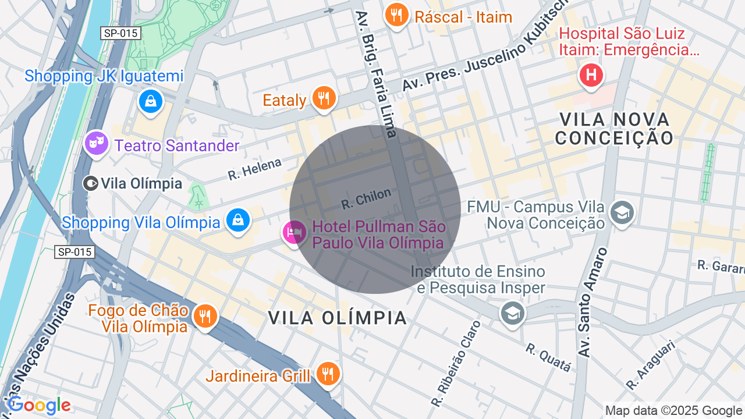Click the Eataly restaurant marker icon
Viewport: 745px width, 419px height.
click(x=323, y=98)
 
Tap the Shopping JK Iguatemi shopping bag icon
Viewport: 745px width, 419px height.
click(x=151, y=102)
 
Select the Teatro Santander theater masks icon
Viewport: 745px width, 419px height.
click(x=96, y=143)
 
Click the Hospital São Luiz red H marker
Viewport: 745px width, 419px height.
click(x=591, y=75)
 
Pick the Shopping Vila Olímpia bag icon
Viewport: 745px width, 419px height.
click(x=238, y=221)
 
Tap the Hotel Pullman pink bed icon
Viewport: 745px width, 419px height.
click(x=294, y=233)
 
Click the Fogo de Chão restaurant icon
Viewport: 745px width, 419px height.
click(x=205, y=316)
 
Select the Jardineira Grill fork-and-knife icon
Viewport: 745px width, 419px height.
click(x=328, y=374)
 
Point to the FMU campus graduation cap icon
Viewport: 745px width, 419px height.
click(x=622, y=213)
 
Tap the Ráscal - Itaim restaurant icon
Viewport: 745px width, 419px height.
click(x=397, y=15)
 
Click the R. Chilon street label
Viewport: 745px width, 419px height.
click(x=366, y=198)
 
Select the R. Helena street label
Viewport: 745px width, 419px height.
click(x=254, y=169)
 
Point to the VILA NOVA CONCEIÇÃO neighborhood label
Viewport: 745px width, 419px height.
click(x=614, y=129)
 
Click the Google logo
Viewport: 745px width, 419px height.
click(x=39, y=406)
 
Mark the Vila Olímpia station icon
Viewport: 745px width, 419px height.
click(x=90, y=184)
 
